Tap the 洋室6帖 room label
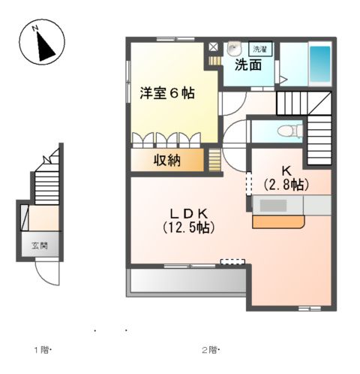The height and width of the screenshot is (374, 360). (x=166, y=94)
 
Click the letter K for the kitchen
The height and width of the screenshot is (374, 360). (x=286, y=170)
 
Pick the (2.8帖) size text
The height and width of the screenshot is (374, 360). (x=286, y=183)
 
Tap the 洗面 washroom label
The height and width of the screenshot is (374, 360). (x=248, y=65)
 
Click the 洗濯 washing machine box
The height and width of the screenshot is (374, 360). (x=260, y=49)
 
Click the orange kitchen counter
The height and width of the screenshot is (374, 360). (x=277, y=222)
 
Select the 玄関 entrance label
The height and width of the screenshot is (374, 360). (x=40, y=245)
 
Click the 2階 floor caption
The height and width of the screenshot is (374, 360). (x=208, y=350)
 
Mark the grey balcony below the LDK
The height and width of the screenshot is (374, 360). (x=187, y=282)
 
